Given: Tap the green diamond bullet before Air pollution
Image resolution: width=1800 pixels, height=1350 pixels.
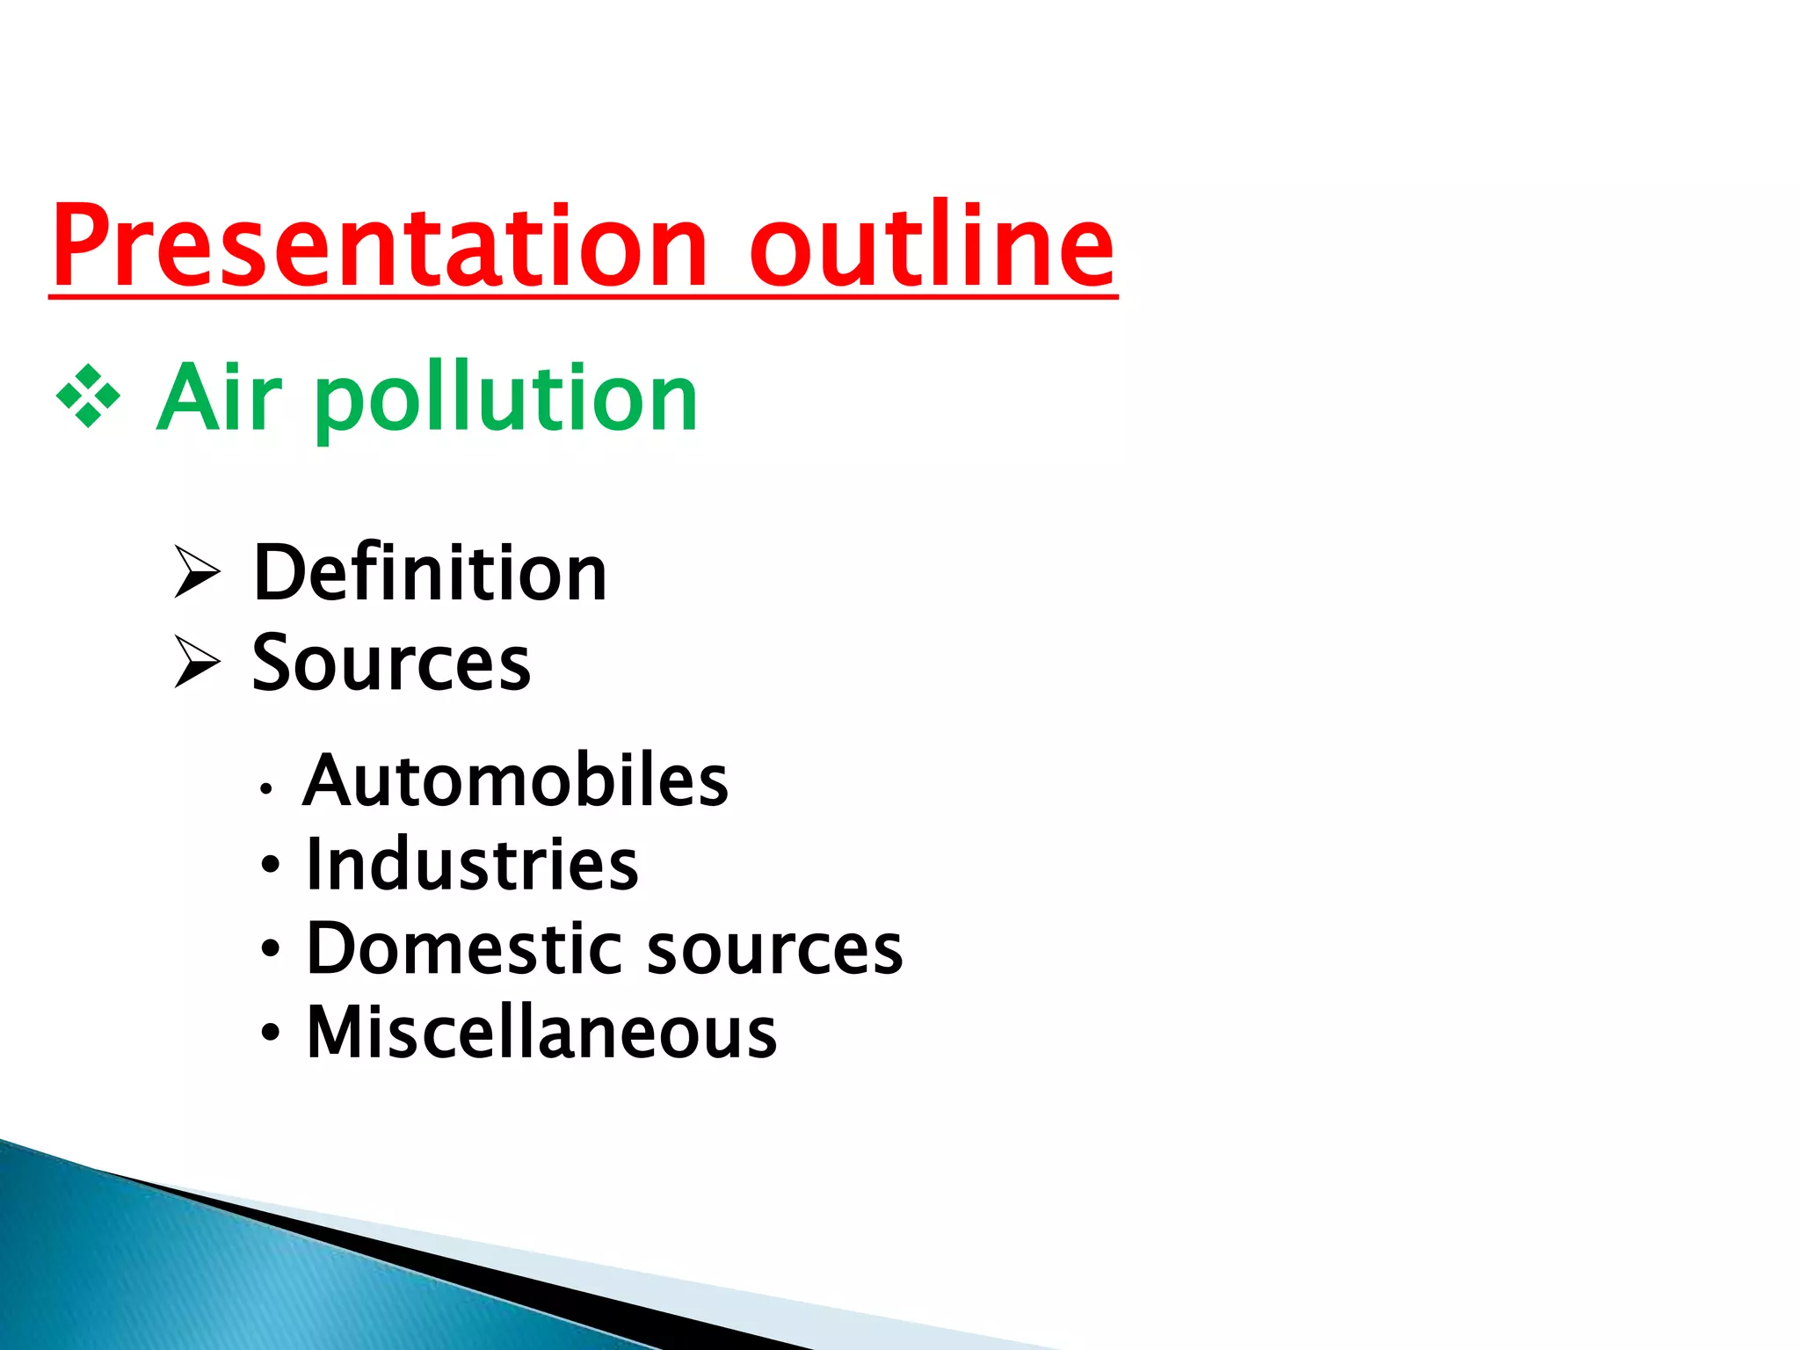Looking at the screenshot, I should coord(88,396).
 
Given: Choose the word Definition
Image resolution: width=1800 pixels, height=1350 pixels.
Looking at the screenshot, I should coord(430,573).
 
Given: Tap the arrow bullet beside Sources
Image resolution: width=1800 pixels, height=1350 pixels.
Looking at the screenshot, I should coord(197,661).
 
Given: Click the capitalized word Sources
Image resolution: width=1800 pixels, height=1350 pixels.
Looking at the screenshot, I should coord(391,663).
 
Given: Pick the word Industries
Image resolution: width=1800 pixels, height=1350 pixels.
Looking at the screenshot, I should coord(472,865).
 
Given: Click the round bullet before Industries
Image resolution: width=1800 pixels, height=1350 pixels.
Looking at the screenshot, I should coord(271,865).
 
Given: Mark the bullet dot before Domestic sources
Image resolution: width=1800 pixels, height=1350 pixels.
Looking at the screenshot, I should coord(271,948).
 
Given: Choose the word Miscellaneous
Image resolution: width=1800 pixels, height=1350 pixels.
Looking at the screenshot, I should coord(541,1032).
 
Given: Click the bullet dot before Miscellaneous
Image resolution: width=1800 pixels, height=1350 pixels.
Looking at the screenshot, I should coord(271,1032).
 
